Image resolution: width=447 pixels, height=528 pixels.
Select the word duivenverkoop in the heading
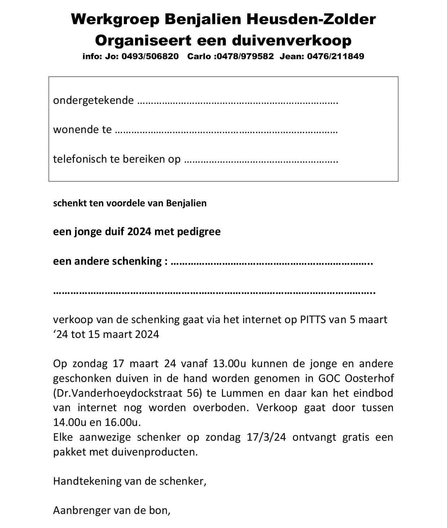pyautogui.click(x=291, y=40)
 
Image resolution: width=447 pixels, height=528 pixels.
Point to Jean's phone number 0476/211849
pyautogui.click(x=336, y=56)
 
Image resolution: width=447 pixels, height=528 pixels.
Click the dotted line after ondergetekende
pyautogui.click(x=238, y=102)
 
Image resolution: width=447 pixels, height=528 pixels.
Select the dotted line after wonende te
pyautogui.click(x=226, y=132)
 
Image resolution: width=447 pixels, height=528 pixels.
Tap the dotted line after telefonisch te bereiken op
pyautogui.click(x=261, y=161)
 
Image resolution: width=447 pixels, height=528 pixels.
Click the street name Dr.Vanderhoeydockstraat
pyautogui.click(x=121, y=393)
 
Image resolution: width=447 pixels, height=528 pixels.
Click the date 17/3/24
pyautogui.click(x=266, y=437)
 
